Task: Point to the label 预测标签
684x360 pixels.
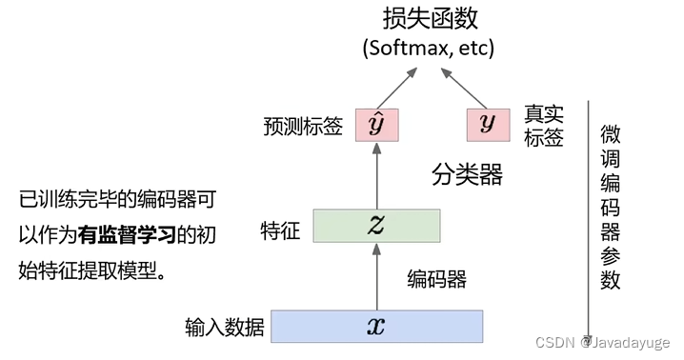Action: click(x=303, y=126)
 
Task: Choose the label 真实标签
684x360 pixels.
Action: click(x=544, y=126)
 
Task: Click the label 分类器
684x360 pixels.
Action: click(x=467, y=174)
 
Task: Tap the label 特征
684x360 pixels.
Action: click(x=282, y=229)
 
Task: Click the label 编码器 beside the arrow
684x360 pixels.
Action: click(x=437, y=279)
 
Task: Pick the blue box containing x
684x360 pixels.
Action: click(x=376, y=326)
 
